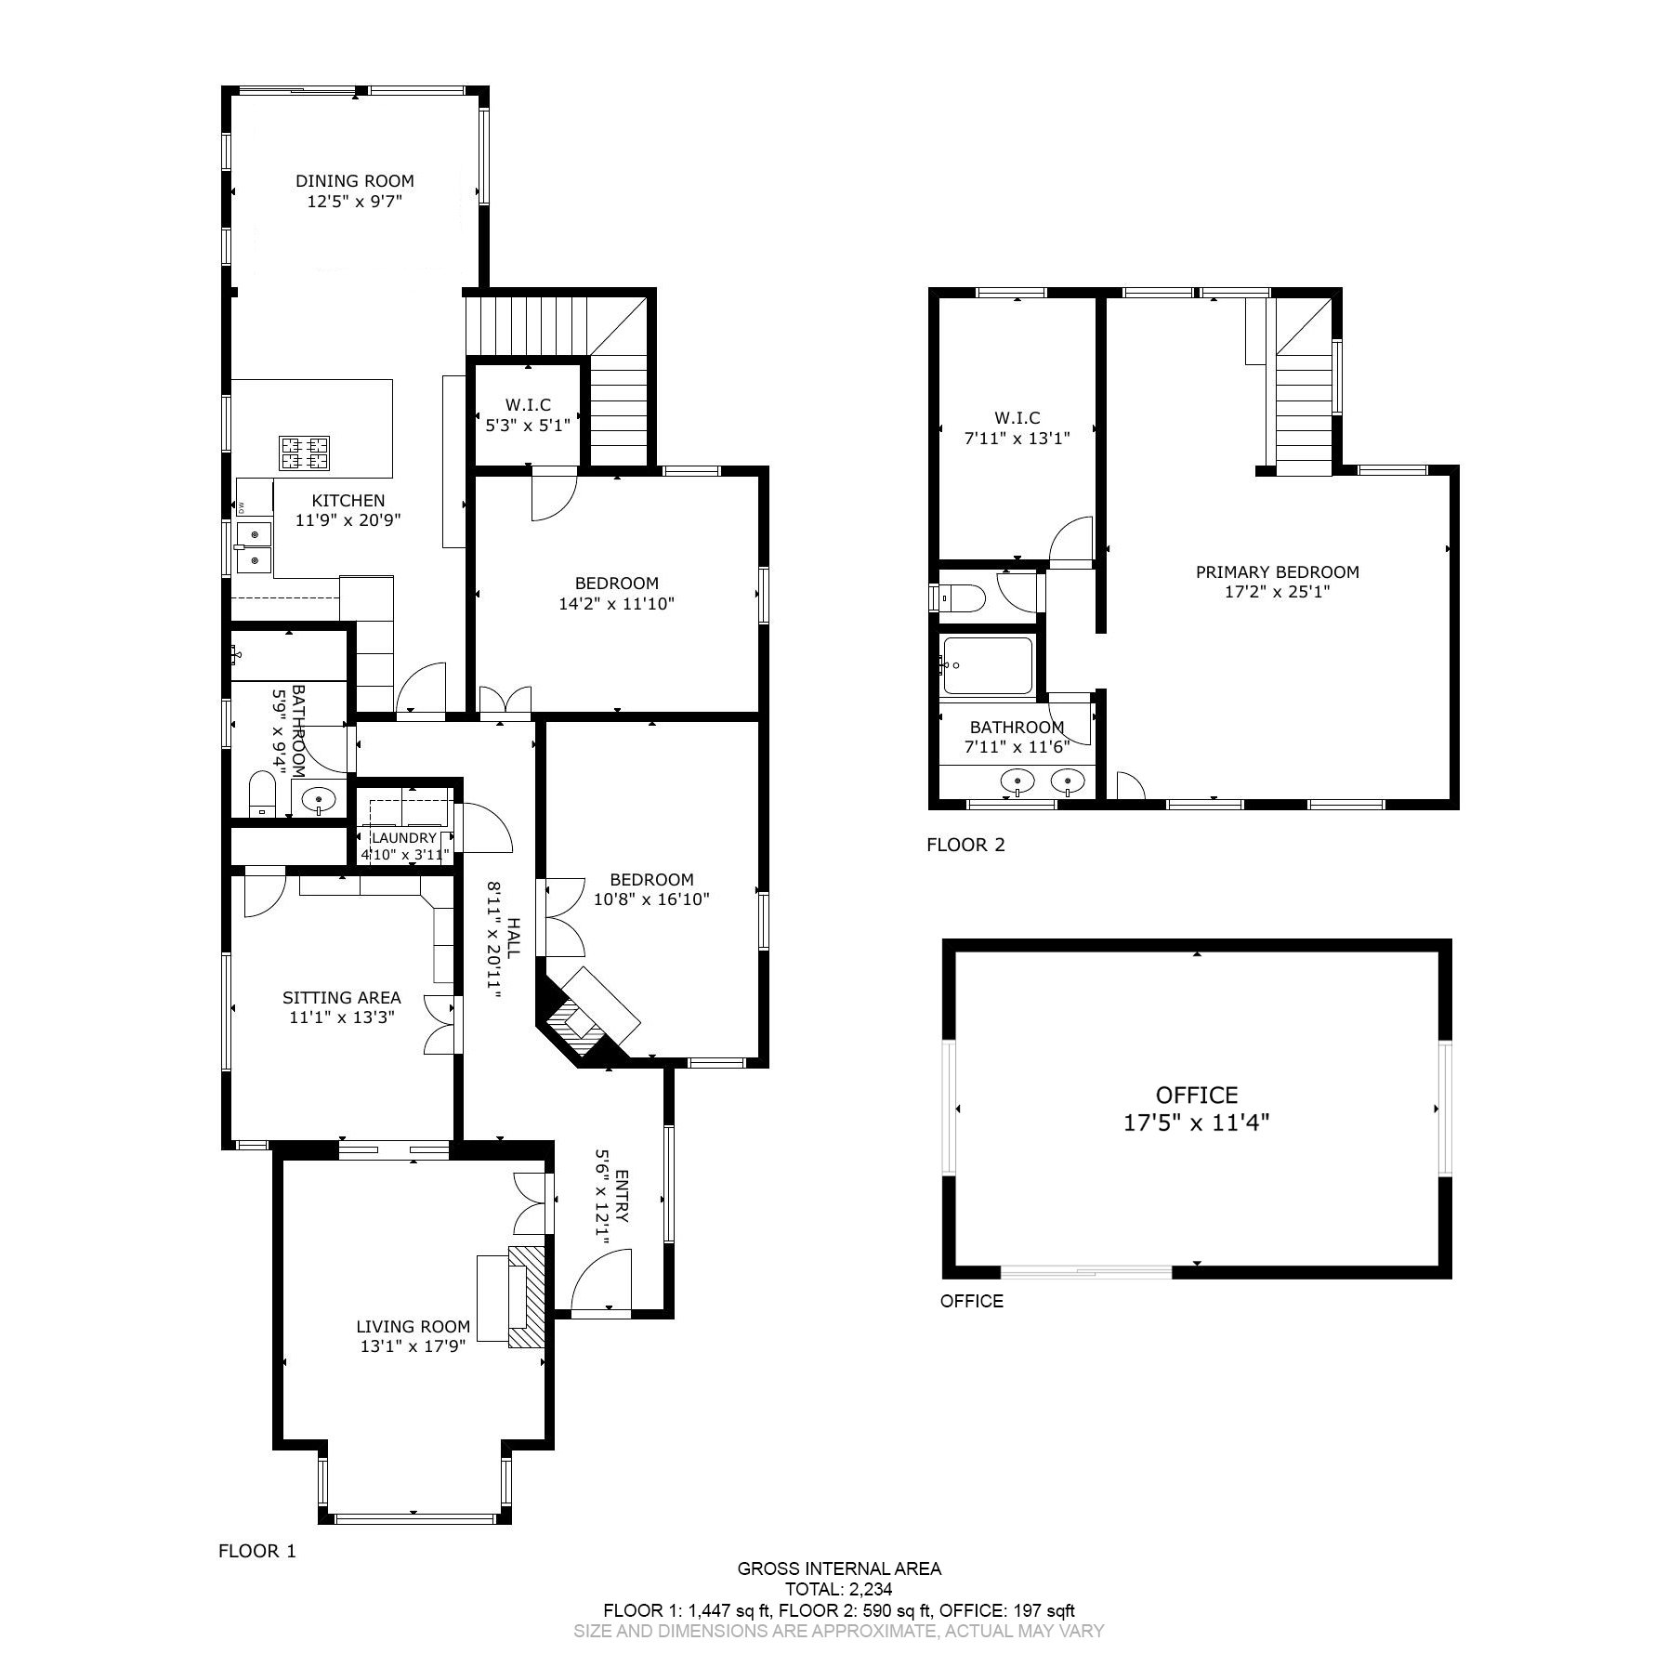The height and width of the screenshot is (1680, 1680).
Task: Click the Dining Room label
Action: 354,181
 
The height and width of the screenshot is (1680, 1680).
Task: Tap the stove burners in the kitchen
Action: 305,453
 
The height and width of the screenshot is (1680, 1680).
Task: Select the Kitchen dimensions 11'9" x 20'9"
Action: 348,520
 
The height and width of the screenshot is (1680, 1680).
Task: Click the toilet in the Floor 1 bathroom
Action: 263,794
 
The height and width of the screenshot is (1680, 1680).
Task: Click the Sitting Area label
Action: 342,998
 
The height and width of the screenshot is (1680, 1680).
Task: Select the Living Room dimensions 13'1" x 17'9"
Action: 413,1345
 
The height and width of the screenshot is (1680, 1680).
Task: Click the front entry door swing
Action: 601,1280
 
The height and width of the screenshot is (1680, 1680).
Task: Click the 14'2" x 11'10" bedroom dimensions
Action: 616,603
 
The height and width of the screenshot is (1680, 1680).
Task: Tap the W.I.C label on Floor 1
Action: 528,405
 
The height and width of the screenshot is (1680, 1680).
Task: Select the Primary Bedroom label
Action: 1277,572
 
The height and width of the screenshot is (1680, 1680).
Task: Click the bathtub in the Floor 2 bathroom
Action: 987,665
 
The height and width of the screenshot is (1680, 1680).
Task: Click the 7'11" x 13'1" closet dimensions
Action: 1017,438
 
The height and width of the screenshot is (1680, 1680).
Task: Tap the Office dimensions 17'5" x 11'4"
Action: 1197,1122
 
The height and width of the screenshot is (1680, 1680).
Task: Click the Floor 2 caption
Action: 965,845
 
